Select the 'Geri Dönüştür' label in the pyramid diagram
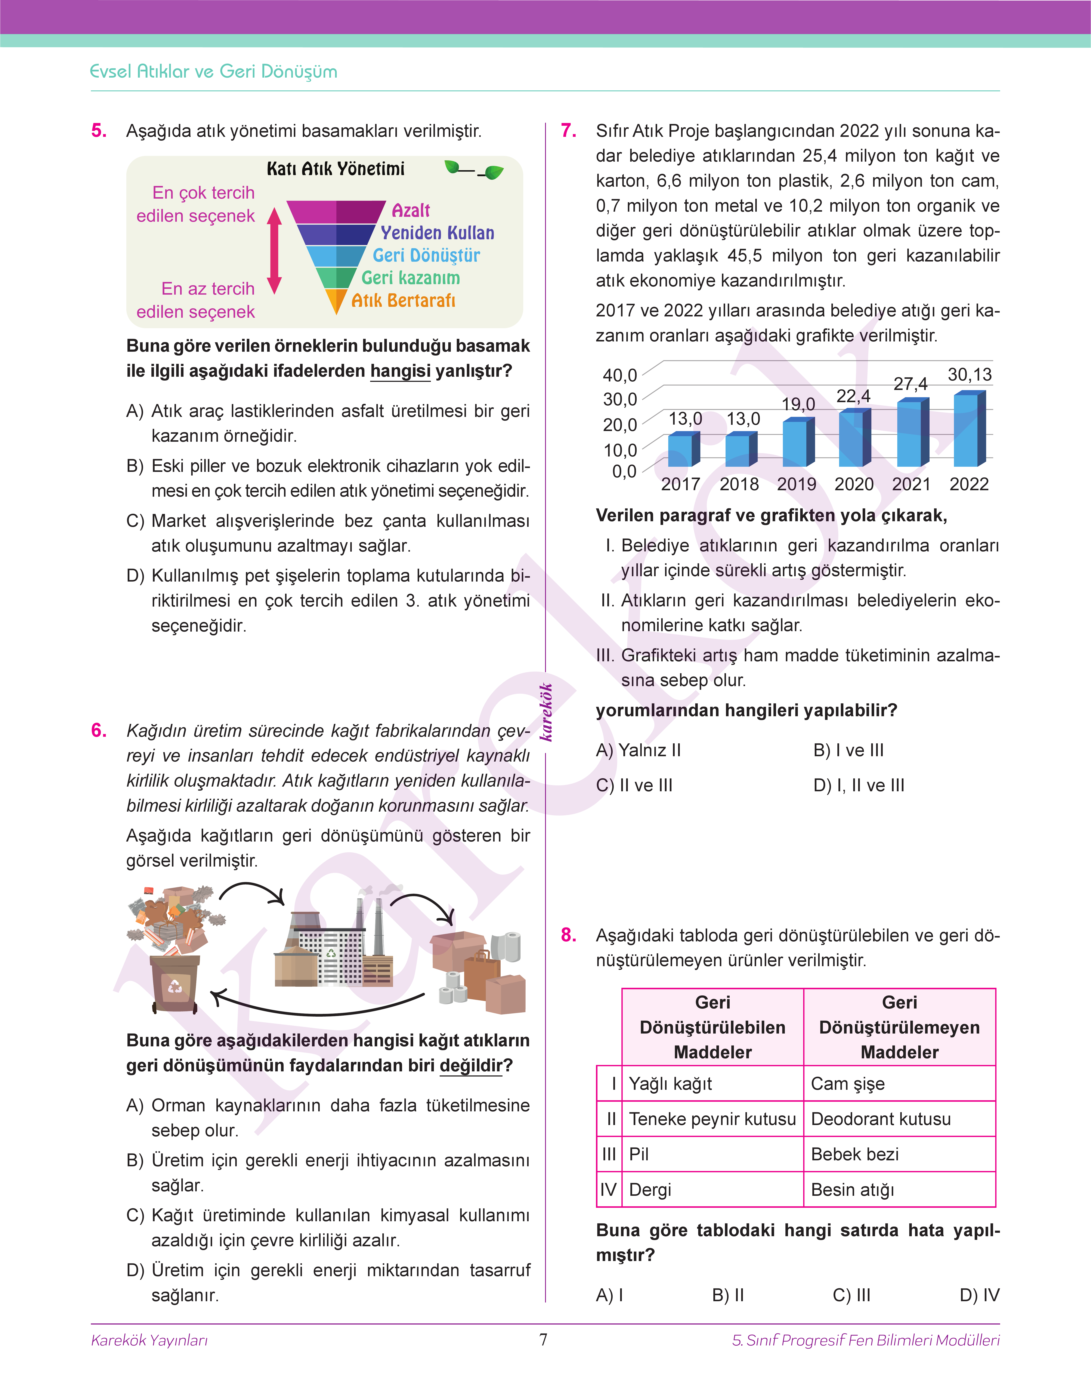[x=426, y=255]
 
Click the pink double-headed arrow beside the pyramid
[x=275, y=250]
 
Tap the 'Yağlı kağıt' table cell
[x=671, y=1084]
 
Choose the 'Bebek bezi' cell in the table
[x=855, y=1154]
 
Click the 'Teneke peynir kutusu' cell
[x=712, y=1119]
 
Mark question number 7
[x=569, y=131]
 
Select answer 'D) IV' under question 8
[x=979, y=1295]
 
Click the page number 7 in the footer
[x=544, y=1340]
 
